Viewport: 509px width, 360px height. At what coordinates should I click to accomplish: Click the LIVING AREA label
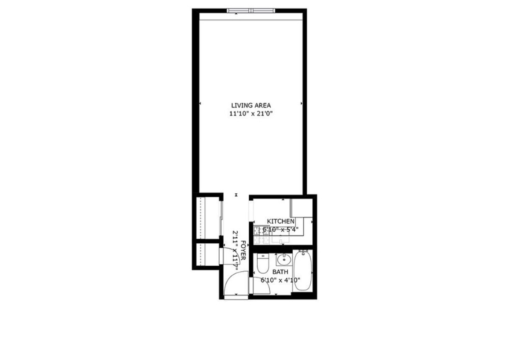[251, 105]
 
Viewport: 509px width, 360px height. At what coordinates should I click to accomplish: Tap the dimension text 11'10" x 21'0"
[251, 114]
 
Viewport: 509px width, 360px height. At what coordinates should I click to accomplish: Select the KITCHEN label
[280, 221]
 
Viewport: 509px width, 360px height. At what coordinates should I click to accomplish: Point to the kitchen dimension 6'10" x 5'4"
[280, 229]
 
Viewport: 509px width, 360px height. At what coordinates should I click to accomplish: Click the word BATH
[280, 272]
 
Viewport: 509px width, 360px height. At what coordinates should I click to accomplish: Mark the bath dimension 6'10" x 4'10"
[280, 280]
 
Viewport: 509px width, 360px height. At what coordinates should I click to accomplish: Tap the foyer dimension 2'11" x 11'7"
[236, 251]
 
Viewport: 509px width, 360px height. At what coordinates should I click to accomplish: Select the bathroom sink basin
[284, 259]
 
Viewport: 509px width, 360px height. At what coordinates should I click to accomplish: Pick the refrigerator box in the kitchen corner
[301, 208]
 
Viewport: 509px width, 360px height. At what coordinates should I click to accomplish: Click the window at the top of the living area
[251, 10]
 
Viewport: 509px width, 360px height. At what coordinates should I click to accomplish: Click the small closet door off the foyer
[225, 256]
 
